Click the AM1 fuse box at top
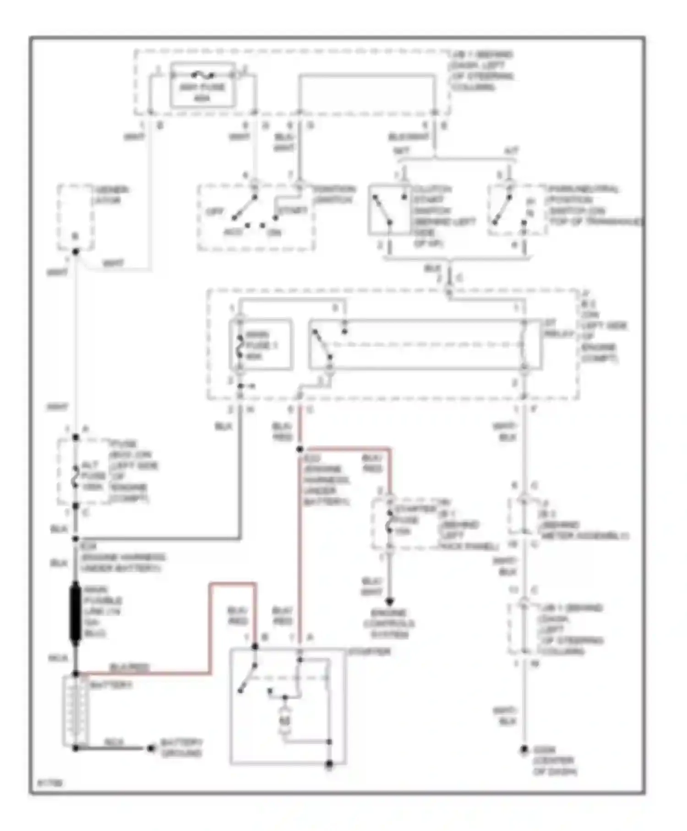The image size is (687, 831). pos(203,86)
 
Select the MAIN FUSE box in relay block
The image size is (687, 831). pos(261,344)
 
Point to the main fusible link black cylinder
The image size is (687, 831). pos(75,613)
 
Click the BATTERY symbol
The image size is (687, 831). pos(76,711)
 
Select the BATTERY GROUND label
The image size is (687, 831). pos(181,748)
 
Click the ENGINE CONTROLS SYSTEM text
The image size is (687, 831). pos(389,623)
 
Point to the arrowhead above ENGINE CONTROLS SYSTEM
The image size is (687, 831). pos(389,601)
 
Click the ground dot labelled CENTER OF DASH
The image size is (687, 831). pos(524,750)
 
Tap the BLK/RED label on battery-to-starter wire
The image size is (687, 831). pos(130,667)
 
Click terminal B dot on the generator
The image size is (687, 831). pos(76,251)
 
